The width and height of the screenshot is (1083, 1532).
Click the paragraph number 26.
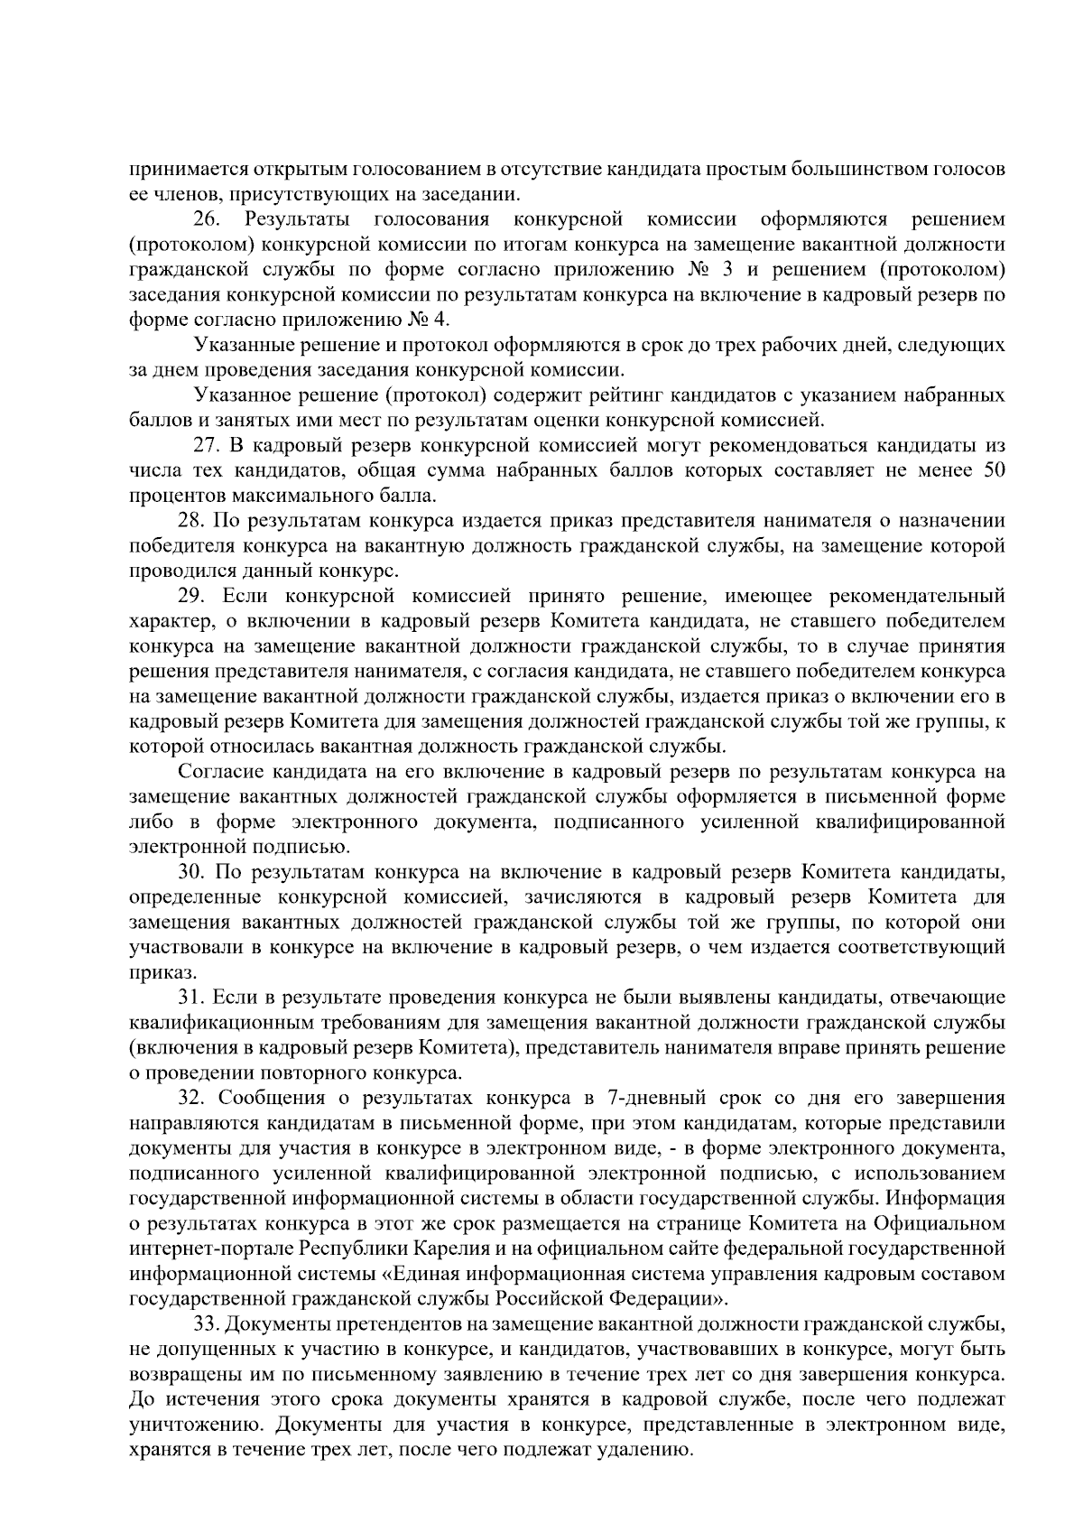[x=206, y=219]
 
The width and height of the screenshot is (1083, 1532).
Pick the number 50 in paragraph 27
[x=993, y=470]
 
